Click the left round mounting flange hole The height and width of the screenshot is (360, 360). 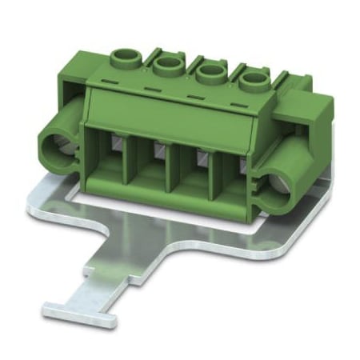[58, 147]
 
